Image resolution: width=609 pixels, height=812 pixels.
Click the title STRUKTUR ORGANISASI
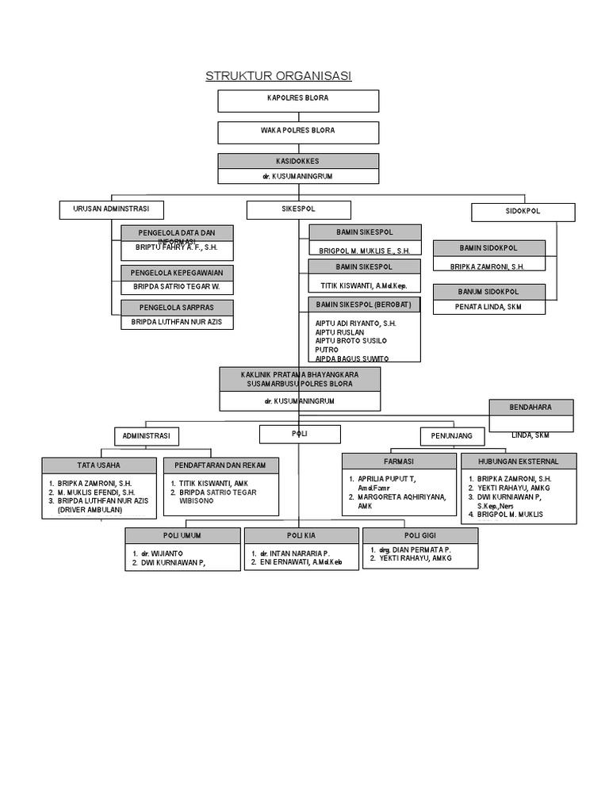point(278,76)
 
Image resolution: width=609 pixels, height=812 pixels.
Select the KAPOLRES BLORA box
point(298,100)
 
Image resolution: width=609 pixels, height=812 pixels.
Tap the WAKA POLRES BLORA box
point(298,131)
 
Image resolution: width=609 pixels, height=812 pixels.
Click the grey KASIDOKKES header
point(298,160)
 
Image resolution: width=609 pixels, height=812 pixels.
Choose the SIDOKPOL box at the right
point(523,213)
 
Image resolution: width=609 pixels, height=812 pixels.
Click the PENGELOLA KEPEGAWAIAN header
point(177,272)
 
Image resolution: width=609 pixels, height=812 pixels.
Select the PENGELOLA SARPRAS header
point(177,307)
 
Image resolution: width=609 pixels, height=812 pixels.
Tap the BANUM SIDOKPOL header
point(489,291)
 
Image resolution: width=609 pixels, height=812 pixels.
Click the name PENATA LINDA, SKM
point(488,306)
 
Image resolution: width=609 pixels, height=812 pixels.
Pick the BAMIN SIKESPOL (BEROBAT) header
point(365,304)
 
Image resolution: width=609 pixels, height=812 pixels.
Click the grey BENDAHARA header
point(530,407)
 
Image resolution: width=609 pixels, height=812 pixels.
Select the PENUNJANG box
point(451,436)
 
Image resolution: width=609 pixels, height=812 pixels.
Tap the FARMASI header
point(399,461)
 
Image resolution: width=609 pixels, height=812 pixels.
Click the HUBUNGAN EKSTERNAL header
point(519,461)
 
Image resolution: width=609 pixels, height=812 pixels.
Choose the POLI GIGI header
point(420,535)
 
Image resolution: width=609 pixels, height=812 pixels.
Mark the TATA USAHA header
point(99,465)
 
